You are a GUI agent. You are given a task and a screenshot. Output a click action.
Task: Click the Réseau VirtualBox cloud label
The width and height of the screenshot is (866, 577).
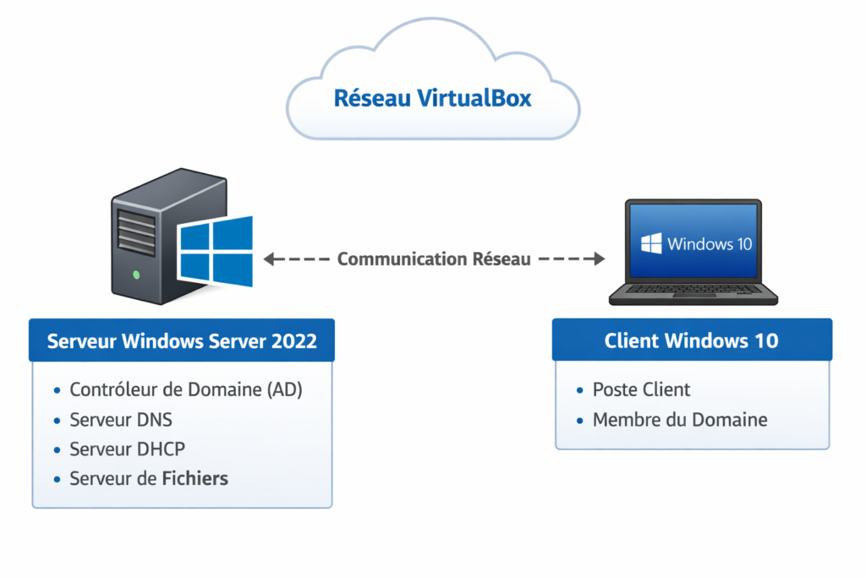(x=432, y=98)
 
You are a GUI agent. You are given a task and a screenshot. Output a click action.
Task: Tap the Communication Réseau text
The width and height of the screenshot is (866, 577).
(x=434, y=259)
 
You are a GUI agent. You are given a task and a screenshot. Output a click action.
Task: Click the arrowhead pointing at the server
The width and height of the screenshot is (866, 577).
(x=270, y=259)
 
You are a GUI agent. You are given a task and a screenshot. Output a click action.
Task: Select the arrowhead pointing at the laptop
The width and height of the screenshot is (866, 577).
(x=599, y=259)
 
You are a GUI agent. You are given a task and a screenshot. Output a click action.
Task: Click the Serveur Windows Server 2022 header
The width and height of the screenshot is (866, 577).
(x=182, y=341)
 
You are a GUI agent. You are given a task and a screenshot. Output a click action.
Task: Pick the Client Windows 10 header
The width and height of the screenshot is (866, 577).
(x=691, y=341)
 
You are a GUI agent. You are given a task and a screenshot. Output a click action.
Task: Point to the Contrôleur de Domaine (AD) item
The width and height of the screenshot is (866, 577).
(x=185, y=389)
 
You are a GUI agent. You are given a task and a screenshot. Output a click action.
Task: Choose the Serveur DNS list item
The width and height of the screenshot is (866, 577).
(x=121, y=419)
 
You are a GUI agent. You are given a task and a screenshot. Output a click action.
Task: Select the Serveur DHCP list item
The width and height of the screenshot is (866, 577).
(x=127, y=449)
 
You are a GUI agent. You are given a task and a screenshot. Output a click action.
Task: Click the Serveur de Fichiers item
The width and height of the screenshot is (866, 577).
(x=149, y=478)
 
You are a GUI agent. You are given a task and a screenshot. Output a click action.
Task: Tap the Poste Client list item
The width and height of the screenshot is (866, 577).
(x=641, y=389)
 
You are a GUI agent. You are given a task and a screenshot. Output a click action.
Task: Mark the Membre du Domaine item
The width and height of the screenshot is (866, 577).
(x=679, y=419)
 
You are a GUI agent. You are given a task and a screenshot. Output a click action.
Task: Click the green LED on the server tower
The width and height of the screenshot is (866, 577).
(x=137, y=275)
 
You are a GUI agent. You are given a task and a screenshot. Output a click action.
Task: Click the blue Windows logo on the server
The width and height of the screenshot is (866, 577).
(x=216, y=252)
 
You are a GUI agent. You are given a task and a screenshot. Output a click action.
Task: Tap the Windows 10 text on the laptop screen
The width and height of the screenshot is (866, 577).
(x=709, y=244)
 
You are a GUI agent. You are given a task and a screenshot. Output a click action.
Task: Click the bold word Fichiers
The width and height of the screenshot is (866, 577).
(x=195, y=478)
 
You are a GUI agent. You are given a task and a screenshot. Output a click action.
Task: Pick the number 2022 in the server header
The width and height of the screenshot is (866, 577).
(x=294, y=341)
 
